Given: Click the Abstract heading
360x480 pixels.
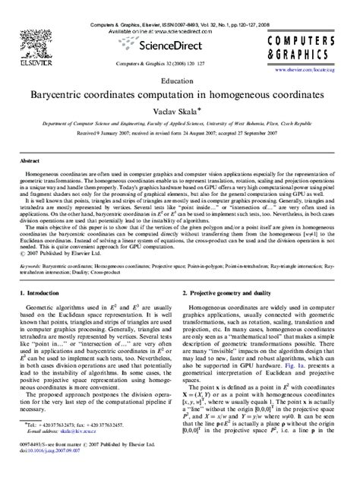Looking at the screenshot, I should [30, 162].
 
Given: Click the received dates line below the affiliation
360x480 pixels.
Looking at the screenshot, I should [180, 137].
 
